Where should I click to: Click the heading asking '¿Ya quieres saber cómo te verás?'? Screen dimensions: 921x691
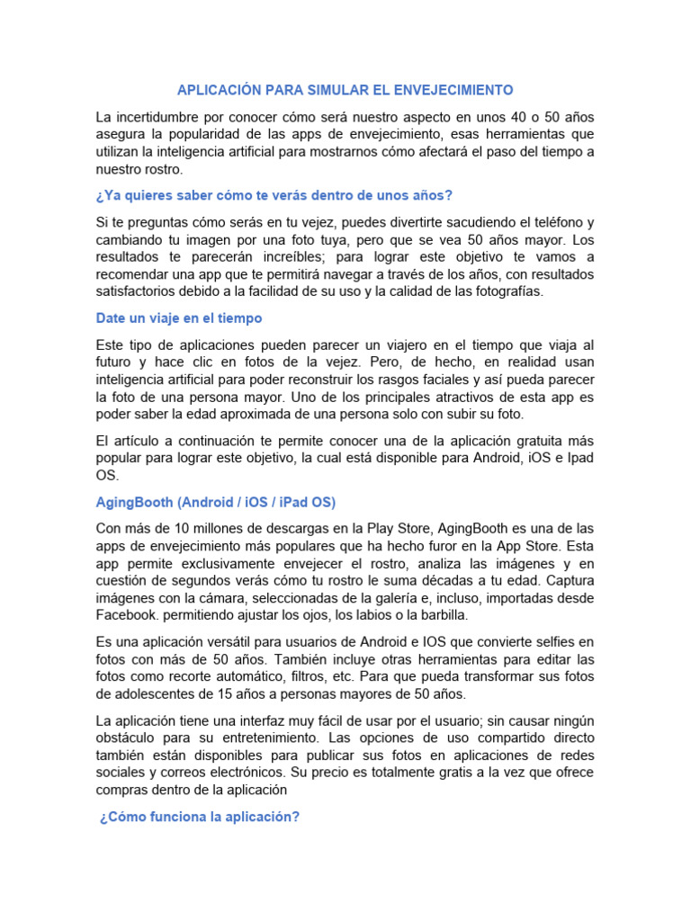click(x=274, y=196)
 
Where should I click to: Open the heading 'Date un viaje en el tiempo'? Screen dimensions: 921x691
click(x=178, y=317)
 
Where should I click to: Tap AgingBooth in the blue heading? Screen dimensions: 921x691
click(x=138, y=502)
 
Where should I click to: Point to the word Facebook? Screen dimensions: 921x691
click(x=130, y=614)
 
